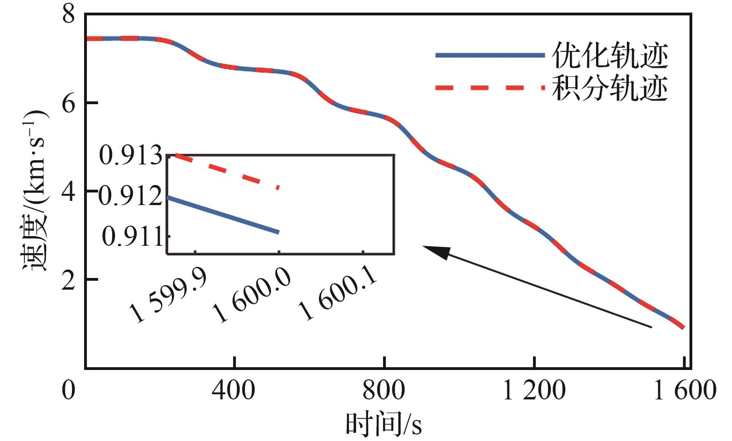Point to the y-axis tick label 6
[x=68, y=103]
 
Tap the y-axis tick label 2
[x=68, y=280]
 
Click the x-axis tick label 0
[x=69, y=390]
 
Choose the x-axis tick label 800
[x=384, y=390]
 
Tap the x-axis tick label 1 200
[x=534, y=390]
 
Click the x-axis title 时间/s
[x=384, y=423]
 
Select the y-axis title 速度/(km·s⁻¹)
[x=36, y=191]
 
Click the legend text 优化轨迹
[x=610, y=56]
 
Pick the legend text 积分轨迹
[x=610, y=88]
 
